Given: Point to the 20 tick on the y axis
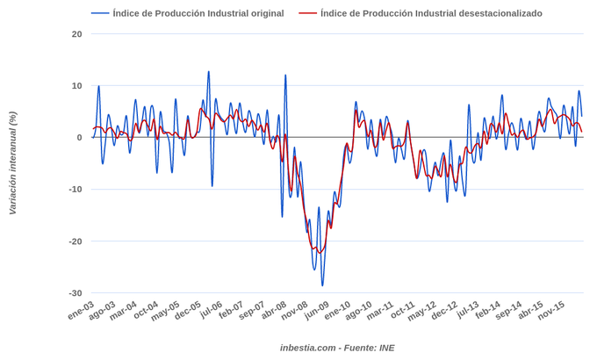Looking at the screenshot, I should pos(77,34).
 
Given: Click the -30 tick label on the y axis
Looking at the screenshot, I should pos(76,293).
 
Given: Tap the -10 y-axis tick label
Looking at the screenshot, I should pos(76,190).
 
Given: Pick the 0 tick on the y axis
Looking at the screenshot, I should pos(79,138).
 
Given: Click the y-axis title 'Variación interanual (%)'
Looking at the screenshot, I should pos(12,163).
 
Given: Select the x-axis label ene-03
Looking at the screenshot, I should pos(81,310).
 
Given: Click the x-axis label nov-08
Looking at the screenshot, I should pos(295,311).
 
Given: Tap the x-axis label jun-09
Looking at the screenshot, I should pos(317,311).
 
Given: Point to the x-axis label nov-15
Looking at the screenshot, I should pos(551,311).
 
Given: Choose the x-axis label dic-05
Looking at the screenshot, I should pos(188,311).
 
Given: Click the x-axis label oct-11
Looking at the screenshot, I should pos(403,311).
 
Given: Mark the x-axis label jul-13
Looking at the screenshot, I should pos(467,310).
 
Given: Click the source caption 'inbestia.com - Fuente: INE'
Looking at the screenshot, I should pos(337,348).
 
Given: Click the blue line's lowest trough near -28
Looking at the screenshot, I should pos(322,285).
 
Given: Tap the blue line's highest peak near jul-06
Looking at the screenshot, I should pos(208,72).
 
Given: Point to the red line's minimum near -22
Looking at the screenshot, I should pos(320,253).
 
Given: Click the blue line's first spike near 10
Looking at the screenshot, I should pos(98,86).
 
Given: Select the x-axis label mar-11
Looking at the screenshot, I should pos(381,311).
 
